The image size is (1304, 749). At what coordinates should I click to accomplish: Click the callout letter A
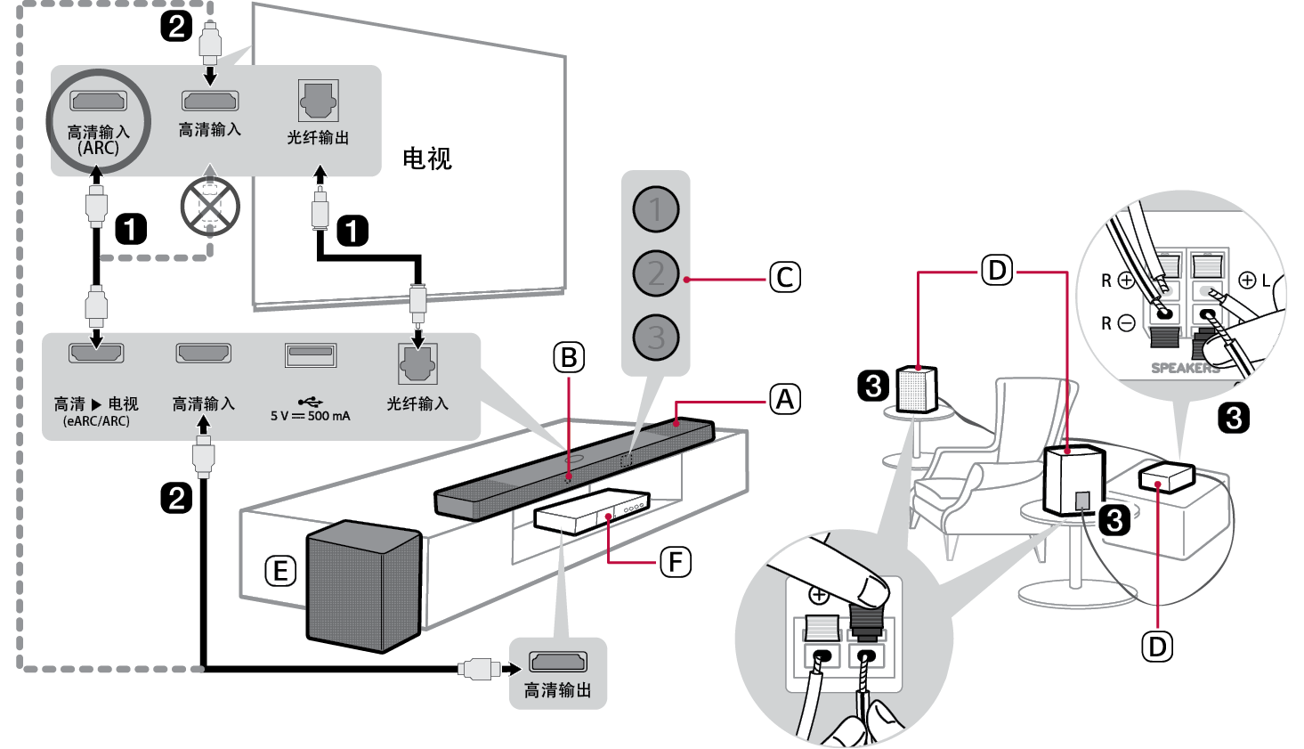(x=784, y=400)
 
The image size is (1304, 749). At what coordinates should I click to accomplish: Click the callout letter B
(x=569, y=358)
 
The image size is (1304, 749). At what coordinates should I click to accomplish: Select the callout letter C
(x=784, y=278)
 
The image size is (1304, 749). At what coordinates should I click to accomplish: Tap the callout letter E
(x=280, y=571)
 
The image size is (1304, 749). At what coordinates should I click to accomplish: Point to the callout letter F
(x=675, y=562)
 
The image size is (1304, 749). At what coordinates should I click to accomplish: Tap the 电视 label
(x=427, y=159)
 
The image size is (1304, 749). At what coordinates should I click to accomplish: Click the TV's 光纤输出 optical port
(x=318, y=101)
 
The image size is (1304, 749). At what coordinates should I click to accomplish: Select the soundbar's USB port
(x=310, y=354)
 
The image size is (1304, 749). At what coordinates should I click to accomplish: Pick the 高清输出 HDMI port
(x=558, y=662)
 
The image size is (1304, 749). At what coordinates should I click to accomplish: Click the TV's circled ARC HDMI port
(x=98, y=100)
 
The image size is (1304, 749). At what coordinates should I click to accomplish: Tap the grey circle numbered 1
(x=656, y=209)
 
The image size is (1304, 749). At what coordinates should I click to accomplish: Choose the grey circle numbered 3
(x=656, y=338)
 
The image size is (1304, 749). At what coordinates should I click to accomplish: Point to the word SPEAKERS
(x=1185, y=368)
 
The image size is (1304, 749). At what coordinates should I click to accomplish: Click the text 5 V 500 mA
(x=310, y=416)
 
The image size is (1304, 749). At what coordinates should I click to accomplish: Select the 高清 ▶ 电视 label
(x=96, y=403)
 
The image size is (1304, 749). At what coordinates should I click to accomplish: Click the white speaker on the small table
(x=917, y=388)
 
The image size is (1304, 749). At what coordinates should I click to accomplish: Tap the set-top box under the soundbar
(x=591, y=511)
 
